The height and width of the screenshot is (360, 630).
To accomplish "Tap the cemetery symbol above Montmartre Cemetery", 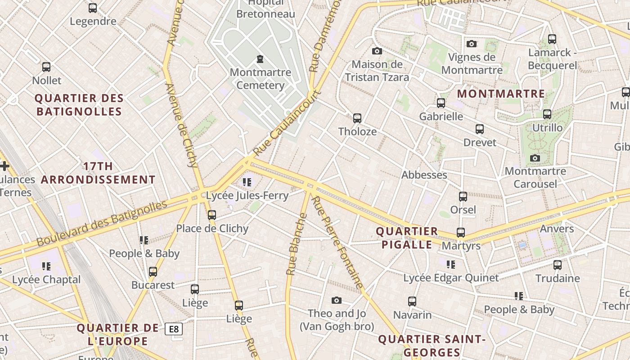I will (260, 59).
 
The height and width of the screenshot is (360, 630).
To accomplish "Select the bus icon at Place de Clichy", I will (212, 215).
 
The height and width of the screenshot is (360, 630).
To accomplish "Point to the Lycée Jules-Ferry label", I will (247, 196).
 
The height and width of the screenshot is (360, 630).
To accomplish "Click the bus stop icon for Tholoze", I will (357, 118).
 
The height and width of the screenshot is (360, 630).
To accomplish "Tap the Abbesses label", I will (424, 175).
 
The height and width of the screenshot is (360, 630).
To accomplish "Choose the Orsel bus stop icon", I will (463, 197).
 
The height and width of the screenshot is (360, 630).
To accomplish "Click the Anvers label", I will (557, 229).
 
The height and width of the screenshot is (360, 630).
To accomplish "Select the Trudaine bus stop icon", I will (558, 265).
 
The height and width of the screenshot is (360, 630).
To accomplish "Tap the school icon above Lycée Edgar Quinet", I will (451, 265).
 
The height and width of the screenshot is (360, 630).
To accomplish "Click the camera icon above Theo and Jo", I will (337, 300).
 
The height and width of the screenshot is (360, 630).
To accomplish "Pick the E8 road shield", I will (174, 329).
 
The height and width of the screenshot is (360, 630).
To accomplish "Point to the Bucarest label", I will (153, 285).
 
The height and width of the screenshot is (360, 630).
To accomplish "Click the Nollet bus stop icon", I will (46, 67).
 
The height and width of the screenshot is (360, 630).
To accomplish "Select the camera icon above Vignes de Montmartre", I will (472, 44).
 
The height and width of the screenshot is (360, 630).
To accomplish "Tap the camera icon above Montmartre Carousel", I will (535, 158).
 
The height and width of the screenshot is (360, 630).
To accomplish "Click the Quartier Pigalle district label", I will (407, 238).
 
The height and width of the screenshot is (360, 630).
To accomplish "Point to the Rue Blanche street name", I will (297, 244).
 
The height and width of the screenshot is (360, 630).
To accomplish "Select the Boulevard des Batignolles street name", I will (102, 223).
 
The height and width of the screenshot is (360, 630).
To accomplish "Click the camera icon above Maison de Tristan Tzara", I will (377, 51).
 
